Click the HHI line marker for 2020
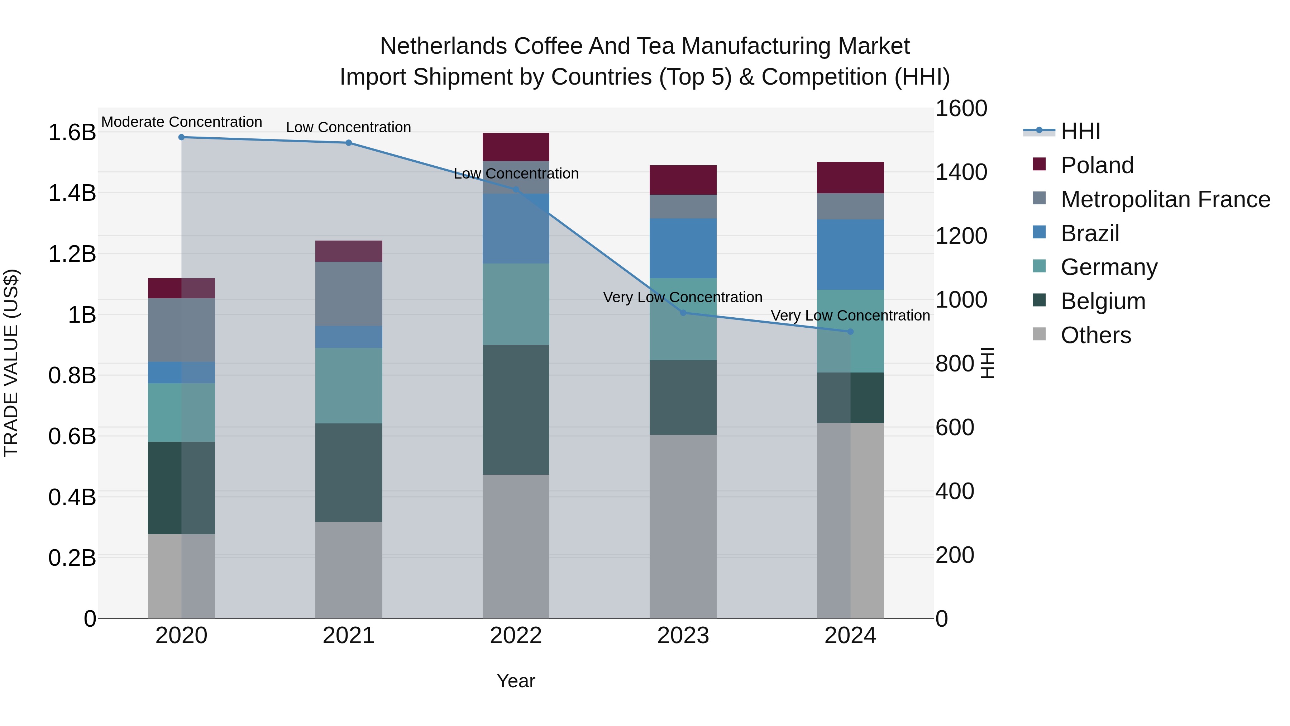click(x=181, y=137)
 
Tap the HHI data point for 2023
click(x=683, y=313)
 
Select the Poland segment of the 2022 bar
click(x=516, y=147)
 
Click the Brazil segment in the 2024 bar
click(x=850, y=255)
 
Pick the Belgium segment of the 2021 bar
click(x=349, y=473)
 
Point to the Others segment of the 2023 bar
click(x=683, y=526)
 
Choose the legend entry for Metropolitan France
click(x=1165, y=199)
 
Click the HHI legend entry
click(x=1081, y=131)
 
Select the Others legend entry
click(x=1096, y=335)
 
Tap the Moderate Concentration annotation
click(x=181, y=122)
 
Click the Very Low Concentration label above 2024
click(x=850, y=315)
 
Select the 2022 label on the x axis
click(x=516, y=636)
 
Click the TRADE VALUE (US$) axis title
click(x=11, y=363)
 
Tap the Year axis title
click(x=516, y=681)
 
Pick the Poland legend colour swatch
click(x=1039, y=164)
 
